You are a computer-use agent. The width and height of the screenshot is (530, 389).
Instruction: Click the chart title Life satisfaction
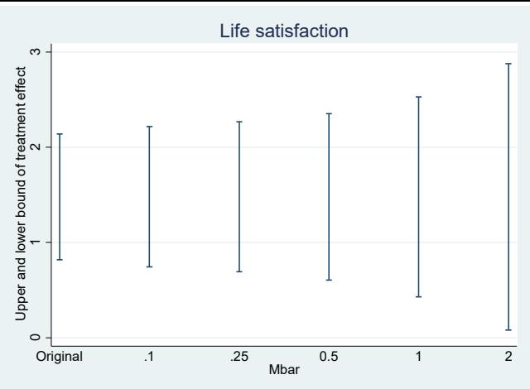pos(284,31)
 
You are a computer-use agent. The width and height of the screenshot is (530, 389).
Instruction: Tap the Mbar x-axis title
pos(284,369)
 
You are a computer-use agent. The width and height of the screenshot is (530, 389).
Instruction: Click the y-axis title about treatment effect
pos(21,194)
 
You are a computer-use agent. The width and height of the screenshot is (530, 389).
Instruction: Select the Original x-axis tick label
pos(60,357)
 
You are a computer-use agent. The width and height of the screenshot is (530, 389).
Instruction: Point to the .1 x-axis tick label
pos(149,357)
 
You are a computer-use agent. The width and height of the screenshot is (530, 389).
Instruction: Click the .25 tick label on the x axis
pos(239,357)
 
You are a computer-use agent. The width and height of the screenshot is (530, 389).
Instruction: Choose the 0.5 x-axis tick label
pos(329,357)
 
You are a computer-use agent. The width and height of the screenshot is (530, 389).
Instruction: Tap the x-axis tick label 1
pos(418,357)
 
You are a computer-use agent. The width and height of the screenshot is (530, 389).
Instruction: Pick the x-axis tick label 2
pos(508,357)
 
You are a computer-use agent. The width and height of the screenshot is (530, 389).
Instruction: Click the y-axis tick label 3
pos(35,51)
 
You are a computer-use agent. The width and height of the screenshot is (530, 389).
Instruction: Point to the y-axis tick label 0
pos(35,338)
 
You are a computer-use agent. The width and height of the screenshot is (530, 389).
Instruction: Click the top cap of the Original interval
pos(60,134)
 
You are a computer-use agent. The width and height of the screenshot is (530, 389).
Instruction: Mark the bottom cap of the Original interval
pos(60,260)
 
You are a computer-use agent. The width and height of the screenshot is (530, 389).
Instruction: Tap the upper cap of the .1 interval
pos(149,127)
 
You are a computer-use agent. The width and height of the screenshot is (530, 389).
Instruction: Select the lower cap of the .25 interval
pos(239,271)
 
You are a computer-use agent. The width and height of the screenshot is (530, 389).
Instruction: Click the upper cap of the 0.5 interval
pos(329,113)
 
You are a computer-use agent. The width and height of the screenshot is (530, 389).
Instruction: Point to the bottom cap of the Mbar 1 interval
pos(418,297)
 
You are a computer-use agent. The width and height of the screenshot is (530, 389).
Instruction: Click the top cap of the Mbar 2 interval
pos(508,64)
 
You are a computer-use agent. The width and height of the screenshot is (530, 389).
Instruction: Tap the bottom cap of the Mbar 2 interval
pos(508,330)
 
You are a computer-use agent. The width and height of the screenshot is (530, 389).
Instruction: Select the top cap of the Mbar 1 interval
pos(418,97)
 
